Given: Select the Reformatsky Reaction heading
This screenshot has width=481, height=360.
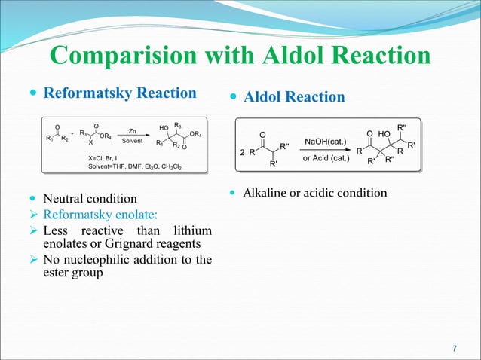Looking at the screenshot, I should click(x=120, y=93).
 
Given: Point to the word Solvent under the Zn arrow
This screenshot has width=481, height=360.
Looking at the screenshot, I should click(x=133, y=142).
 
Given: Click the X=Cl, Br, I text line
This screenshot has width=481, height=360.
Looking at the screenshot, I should click(x=106, y=157).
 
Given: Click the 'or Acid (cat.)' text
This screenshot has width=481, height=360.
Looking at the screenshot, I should click(x=326, y=158).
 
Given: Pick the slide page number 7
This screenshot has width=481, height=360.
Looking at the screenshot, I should click(x=454, y=348).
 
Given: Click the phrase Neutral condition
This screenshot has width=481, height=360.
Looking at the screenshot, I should click(x=90, y=200).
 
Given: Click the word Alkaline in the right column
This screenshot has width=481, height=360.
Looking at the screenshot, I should click(x=268, y=194).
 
